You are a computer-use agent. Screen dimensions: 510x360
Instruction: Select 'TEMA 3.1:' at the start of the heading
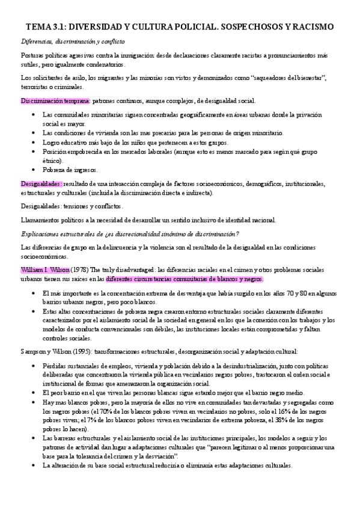(x=44, y=27)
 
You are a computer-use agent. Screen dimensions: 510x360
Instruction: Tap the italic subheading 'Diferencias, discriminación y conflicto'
(x=72, y=41)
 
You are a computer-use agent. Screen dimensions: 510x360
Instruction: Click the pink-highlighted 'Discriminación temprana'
(x=55, y=100)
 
